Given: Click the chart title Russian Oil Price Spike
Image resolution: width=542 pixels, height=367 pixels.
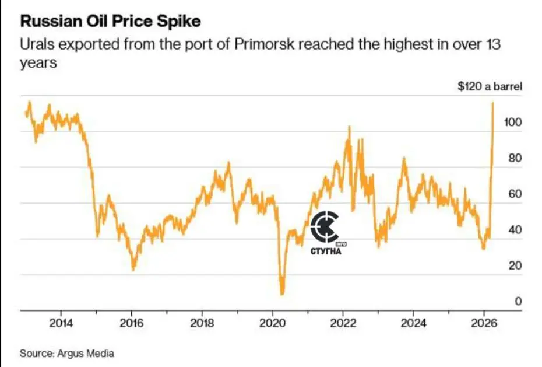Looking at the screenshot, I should [111, 22].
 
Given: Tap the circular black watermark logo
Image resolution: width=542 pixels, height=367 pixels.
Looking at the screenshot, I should [324, 227].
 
